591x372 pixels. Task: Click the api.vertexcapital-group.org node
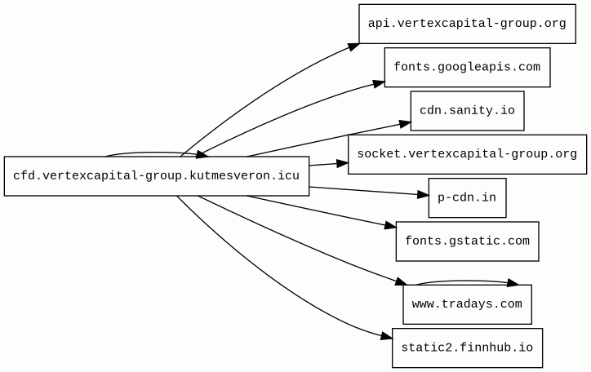tap(467, 23)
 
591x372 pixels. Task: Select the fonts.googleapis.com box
tap(467, 67)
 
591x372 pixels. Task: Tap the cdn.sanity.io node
tap(467, 110)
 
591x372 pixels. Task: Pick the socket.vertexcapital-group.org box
tap(467, 154)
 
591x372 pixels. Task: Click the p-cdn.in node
tap(467, 197)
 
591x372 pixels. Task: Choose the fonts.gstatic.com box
tap(467, 241)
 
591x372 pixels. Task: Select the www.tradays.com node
tap(467, 304)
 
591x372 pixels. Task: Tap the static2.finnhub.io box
tap(467, 348)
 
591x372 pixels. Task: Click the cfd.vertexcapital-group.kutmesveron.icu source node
tap(156, 175)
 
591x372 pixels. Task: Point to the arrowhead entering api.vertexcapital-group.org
tap(353, 46)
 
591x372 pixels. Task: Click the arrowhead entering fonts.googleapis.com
tap(379, 82)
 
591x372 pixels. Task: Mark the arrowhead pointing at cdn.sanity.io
tap(405, 123)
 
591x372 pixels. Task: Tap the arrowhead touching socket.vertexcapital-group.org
tap(343, 163)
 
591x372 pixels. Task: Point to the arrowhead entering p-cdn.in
tap(423, 195)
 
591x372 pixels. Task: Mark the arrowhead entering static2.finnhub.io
tap(386, 338)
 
